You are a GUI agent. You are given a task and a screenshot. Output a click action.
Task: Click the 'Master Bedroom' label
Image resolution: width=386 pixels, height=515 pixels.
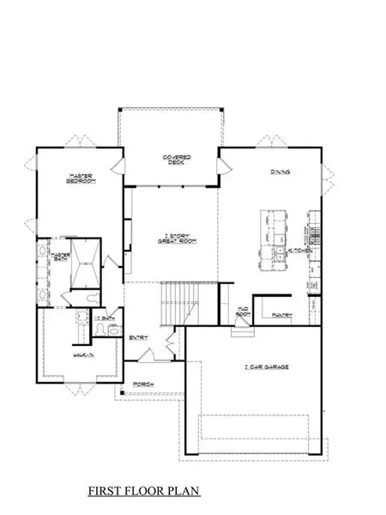tap(81, 179)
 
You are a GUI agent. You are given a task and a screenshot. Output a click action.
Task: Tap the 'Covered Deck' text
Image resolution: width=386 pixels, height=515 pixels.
tap(178, 161)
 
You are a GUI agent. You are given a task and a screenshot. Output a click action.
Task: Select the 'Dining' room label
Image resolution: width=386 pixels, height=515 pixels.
tap(280, 173)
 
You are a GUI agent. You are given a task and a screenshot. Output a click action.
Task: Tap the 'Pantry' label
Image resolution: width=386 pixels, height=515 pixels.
tap(282, 315)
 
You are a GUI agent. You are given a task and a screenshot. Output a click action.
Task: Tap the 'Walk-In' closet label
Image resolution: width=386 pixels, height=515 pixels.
tap(82, 353)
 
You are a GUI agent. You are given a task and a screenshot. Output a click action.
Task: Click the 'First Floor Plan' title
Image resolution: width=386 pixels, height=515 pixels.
tap(144, 492)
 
